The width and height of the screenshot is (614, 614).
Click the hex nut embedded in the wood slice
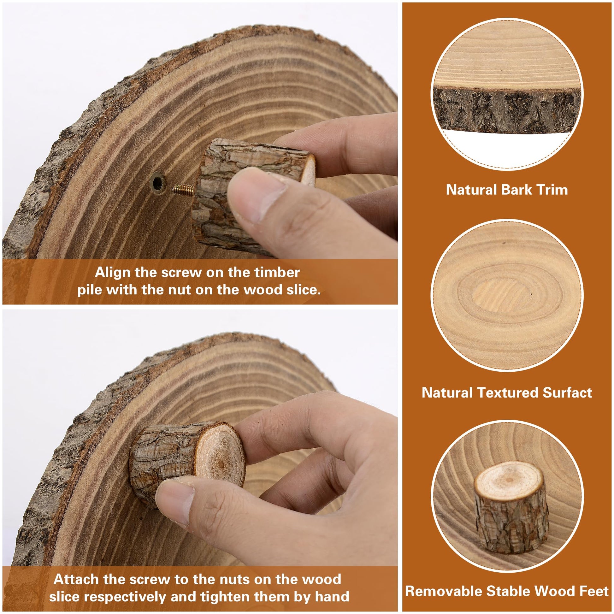coord(158,183)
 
